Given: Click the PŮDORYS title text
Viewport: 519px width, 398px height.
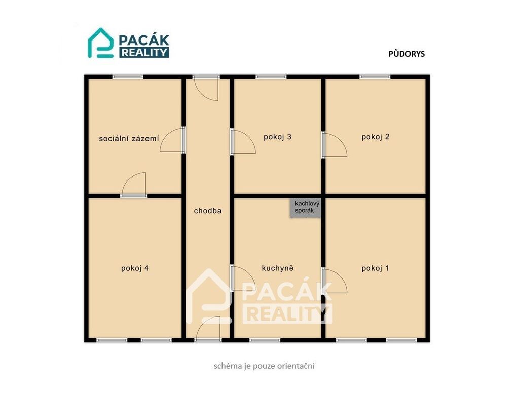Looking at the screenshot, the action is [x=406, y=54].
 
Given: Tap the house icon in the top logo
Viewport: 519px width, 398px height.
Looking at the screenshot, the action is [x=100, y=43].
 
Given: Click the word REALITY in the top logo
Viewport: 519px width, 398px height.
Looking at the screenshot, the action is [x=144, y=53].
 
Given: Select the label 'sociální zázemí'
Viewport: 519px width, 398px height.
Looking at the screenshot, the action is [x=129, y=139].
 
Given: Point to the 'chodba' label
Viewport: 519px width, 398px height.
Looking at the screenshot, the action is [x=207, y=211].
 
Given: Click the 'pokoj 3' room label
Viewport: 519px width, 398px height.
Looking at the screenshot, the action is [x=277, y=137].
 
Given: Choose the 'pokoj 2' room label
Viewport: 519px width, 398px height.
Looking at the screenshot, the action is [x=376, y=137].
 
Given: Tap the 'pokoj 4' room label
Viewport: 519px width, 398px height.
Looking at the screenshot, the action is [x=135, y=268].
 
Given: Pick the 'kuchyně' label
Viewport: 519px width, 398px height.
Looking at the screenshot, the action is [x=277, y=268].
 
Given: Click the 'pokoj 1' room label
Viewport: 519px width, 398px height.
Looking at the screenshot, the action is [x=376, y=268].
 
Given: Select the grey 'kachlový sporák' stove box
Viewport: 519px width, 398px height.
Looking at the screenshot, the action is [x=305, y=208].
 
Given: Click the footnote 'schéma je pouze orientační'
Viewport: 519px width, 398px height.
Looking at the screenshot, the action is [x=264, y=366].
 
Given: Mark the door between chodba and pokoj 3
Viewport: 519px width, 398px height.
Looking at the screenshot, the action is [x=243, y=142].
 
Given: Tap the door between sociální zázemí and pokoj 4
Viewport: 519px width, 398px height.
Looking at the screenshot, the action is [x=134, y=185].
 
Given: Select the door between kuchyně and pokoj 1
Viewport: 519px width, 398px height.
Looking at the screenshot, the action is [x=334, y=281].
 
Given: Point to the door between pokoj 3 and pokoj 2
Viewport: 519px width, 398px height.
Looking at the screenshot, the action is [x=334, y=144].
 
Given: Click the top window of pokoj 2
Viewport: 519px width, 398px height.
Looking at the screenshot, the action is [x=375, y=77].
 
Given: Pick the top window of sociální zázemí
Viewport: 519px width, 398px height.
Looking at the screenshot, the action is [x=128, y=77].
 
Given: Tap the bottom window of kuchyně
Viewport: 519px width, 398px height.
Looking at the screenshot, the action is [x=265, y=340].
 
